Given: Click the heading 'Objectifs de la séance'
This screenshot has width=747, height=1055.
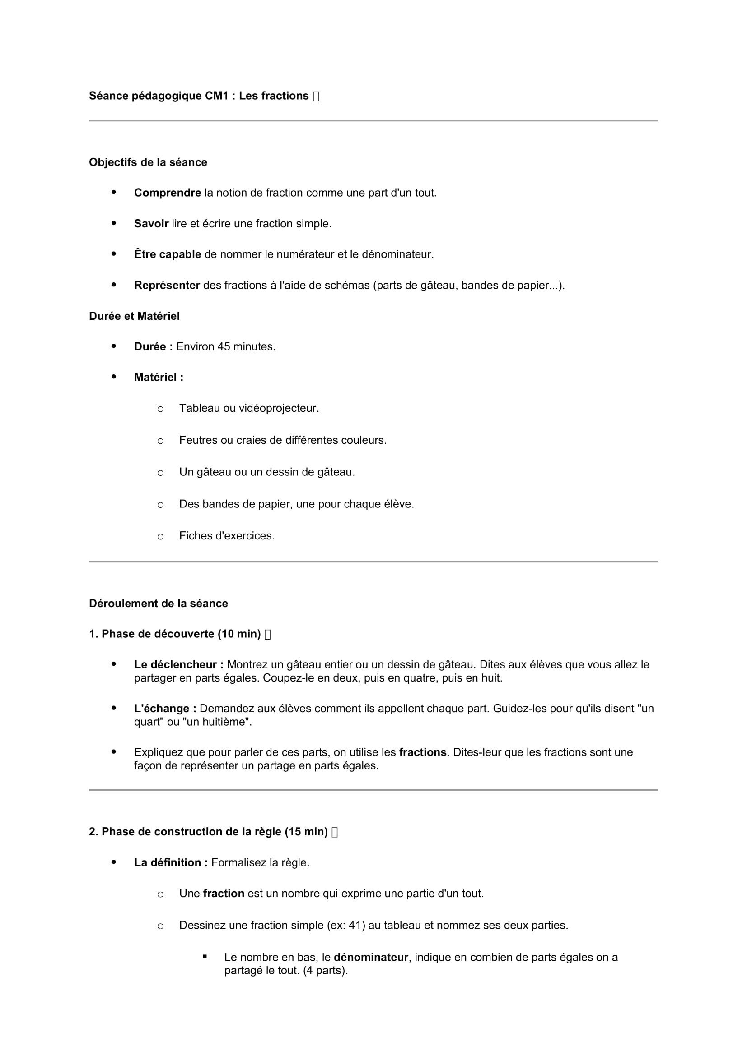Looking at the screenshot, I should [x=148, y=162].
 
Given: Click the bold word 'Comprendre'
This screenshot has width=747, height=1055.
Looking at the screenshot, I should [x=168, y=193].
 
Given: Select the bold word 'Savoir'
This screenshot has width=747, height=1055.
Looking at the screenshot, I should [x=151, y=224].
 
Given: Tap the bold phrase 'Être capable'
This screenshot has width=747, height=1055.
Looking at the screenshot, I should [x=168, y=254].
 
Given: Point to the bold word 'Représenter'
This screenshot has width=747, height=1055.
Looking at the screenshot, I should [x=167, y=286].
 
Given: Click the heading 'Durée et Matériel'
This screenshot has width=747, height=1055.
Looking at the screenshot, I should [x=134, y=316].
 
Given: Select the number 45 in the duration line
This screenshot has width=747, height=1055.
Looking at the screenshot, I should [x=224, y=346].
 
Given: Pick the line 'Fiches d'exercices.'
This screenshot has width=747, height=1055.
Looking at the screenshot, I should [x=227, y=536].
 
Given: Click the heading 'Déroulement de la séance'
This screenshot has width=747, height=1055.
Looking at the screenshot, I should [x=158, y=604].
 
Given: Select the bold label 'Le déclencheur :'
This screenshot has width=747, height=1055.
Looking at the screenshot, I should [x=179, y=664].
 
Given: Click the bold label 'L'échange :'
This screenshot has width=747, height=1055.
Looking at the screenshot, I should [x=165, y=709].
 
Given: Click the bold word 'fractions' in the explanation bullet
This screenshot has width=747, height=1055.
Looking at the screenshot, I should [x=423, y=752].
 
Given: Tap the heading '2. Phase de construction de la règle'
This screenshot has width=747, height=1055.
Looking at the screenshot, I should [x=208, y=832].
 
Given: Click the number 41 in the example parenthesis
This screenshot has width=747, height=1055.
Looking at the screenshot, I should [x=355, y=925].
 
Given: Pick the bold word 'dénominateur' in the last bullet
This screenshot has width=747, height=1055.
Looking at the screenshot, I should [x=371, y=957].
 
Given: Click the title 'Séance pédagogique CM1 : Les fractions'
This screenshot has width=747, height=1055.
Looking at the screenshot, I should [x=199, y=96].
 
